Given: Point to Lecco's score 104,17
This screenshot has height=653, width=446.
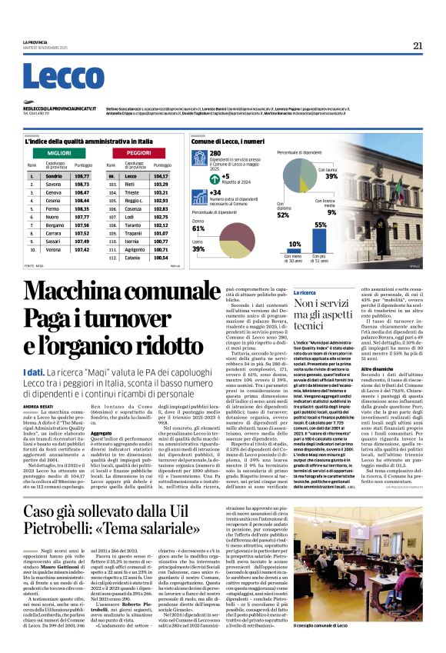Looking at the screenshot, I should coord(161,176).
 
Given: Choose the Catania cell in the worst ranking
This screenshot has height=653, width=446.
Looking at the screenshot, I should coord(133,258).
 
